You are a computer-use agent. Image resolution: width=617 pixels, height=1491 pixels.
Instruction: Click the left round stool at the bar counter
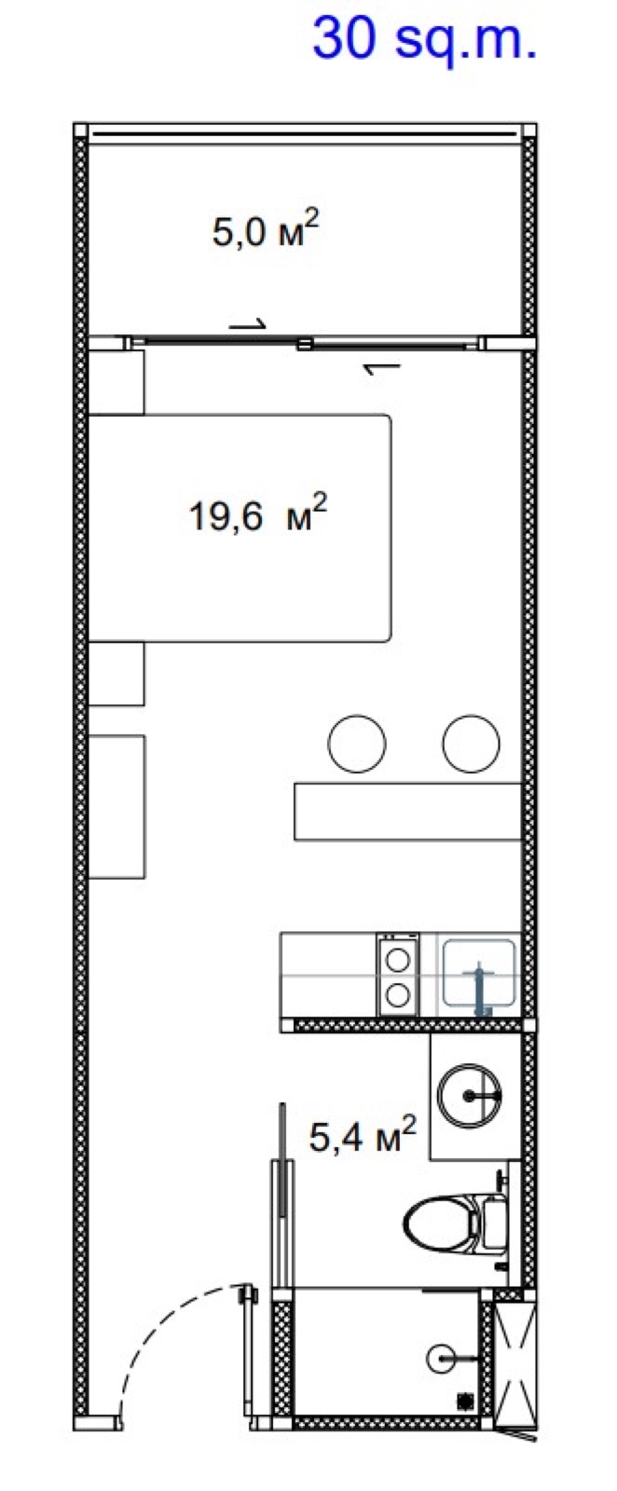tap(357, 744)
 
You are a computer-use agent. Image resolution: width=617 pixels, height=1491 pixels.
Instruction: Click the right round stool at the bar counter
tap(472, 744)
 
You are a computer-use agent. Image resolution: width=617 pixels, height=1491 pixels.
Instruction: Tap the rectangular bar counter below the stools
tap(408, 812)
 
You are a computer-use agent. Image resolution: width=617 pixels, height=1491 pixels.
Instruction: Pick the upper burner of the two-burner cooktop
tap(398, 960)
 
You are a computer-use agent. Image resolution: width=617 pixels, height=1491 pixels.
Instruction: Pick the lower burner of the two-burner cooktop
tap(398, 994)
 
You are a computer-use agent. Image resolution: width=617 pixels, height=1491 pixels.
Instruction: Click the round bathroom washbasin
tap(469, 1096)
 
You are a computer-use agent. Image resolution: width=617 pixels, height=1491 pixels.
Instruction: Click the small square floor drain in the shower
tap(465, 1400)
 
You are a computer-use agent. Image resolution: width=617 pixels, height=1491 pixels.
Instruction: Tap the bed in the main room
tap(240, 527)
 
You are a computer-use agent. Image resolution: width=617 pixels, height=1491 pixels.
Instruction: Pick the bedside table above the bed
tap(117, 382)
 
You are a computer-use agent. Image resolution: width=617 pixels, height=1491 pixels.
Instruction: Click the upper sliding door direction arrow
tap(247, 325)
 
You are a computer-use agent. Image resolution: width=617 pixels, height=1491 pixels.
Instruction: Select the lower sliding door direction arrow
tap(381, 368)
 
